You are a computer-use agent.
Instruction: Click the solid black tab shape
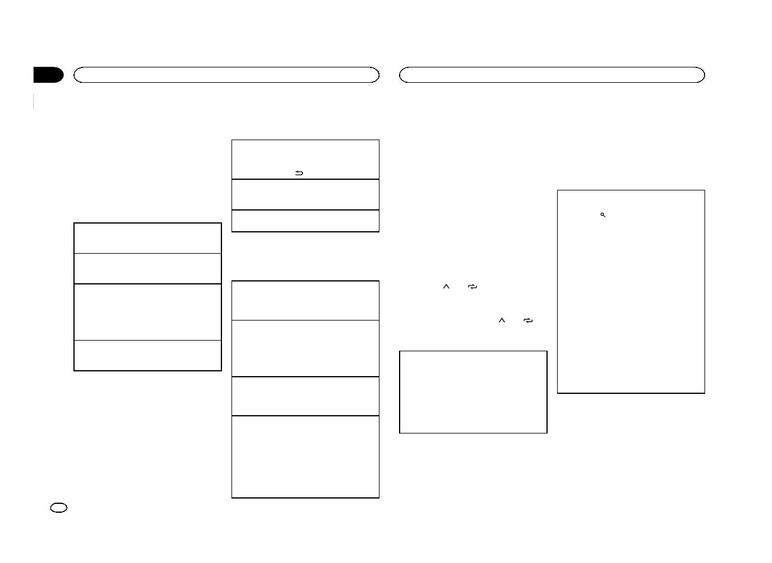(x=49, y=75)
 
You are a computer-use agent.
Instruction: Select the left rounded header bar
(x=226, y=75)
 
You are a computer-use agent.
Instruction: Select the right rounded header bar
(x=552, y=75)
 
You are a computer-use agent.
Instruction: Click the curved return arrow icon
(x=299, y=173)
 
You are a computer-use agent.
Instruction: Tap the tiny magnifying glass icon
(x=603, y=215)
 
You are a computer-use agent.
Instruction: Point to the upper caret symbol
(x=446, y=286)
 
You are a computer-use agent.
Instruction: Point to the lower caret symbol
(x=501, y=320)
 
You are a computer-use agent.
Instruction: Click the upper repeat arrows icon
(x=472, y=286)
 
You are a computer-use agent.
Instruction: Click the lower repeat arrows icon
(x=528, y=320)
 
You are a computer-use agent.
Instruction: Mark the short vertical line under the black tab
(x=34, y=101)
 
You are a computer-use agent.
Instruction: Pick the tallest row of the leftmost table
(x=147, y=312)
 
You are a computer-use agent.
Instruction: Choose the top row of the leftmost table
(x=147, y=238)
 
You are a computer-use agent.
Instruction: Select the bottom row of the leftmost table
(x=147, y=355)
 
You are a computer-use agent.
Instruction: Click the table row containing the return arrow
(x=305, y=160)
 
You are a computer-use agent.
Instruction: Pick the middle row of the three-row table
(x=305, y=195)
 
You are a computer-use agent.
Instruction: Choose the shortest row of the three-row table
(x=305, y=221)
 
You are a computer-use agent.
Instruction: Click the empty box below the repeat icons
(x=473, y=392)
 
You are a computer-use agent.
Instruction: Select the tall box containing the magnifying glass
(x=631, y=292)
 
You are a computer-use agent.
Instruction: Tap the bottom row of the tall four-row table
(x=305, y=457)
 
